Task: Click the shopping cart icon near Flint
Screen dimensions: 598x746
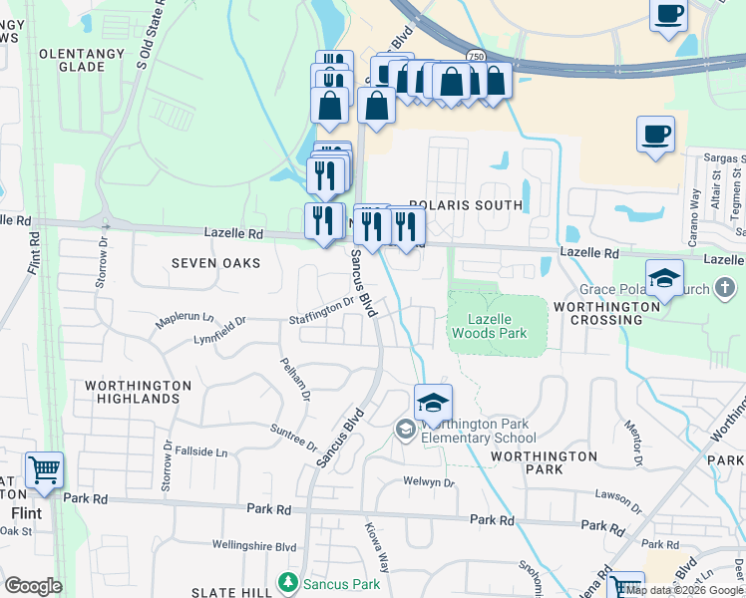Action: [44, 469]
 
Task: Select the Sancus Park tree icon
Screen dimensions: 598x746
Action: [288, 580]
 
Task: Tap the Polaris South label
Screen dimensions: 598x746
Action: [465, 205]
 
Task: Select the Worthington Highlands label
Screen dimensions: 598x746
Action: [138, 392]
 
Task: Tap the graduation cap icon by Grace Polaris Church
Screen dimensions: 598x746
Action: [664, 279]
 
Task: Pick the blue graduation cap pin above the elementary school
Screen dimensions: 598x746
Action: [433, 403]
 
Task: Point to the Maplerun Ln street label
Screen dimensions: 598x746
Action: [185, 321]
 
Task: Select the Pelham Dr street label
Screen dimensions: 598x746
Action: [296, 380]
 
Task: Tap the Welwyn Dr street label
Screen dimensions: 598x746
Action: [429, 482]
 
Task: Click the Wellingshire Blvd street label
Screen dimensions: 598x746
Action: [254, 546]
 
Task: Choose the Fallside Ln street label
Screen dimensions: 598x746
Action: [200, 451]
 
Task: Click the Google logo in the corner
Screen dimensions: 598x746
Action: [32, 586]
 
